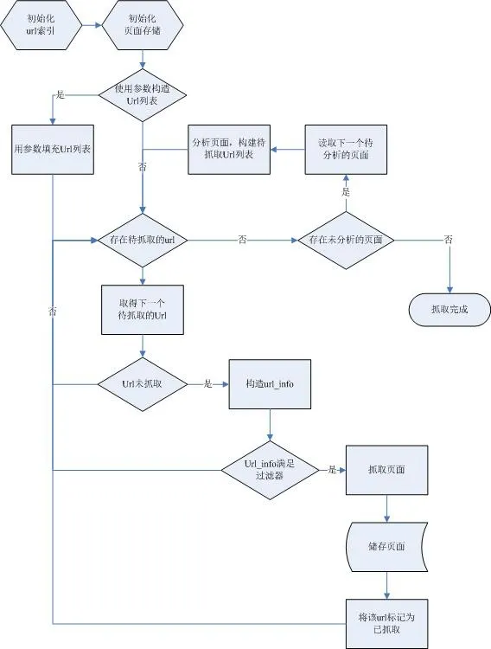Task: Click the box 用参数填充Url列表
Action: (53, 148)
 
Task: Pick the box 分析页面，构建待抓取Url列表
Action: (228, 148)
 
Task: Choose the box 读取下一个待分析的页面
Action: (345, 148)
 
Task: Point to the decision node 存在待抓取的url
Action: (143, 239)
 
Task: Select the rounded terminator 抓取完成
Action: (449, 309)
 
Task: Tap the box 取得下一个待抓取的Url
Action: (142, 309)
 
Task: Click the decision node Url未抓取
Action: (142, 382)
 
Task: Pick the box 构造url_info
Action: (271, 382)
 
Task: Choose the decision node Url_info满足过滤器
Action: (271, 470)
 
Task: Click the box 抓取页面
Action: (386, 470)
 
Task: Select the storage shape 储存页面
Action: (386, 545)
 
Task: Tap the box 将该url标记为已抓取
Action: (386, 622)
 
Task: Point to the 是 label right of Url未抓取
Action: (207, 382)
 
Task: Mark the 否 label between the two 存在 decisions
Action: (241, 240)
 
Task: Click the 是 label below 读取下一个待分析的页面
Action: (346, 191)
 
